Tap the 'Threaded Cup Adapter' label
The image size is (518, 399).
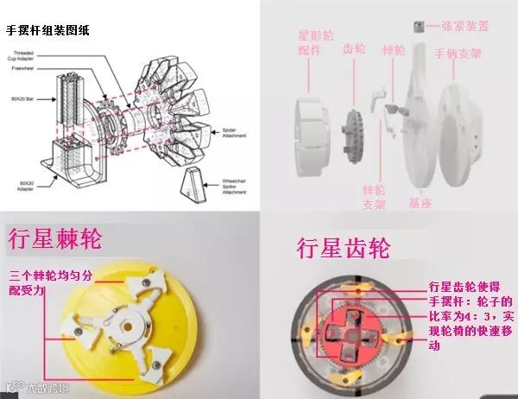click(26, 57)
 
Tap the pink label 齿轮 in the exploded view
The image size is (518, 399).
click(354, 50)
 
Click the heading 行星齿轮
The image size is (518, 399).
click(343, 249)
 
